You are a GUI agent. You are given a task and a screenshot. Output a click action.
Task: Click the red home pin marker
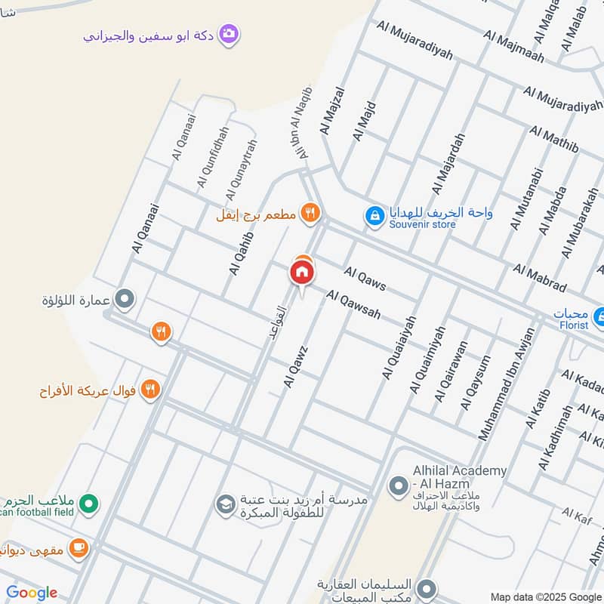coord(302,273)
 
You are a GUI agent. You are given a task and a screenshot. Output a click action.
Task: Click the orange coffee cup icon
coord(79,549)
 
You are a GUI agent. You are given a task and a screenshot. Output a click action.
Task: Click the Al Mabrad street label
coord(540,278)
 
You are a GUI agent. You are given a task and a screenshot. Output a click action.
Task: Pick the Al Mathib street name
coord(554,139)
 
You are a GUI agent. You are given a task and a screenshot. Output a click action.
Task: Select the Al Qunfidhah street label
coord(212,157)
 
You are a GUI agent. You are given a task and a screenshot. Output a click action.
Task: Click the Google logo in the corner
coord(32,593)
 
